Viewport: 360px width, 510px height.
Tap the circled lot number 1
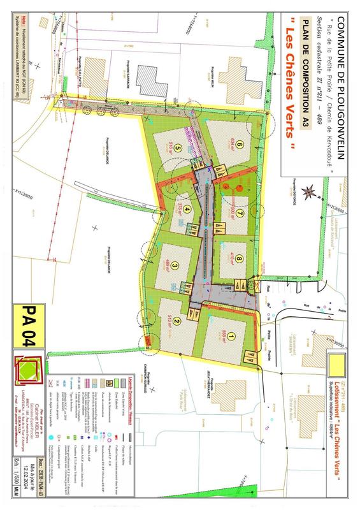point(231,337)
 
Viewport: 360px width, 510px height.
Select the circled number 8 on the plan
point(238,259)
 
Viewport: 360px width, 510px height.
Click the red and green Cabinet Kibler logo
point(27,380)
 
